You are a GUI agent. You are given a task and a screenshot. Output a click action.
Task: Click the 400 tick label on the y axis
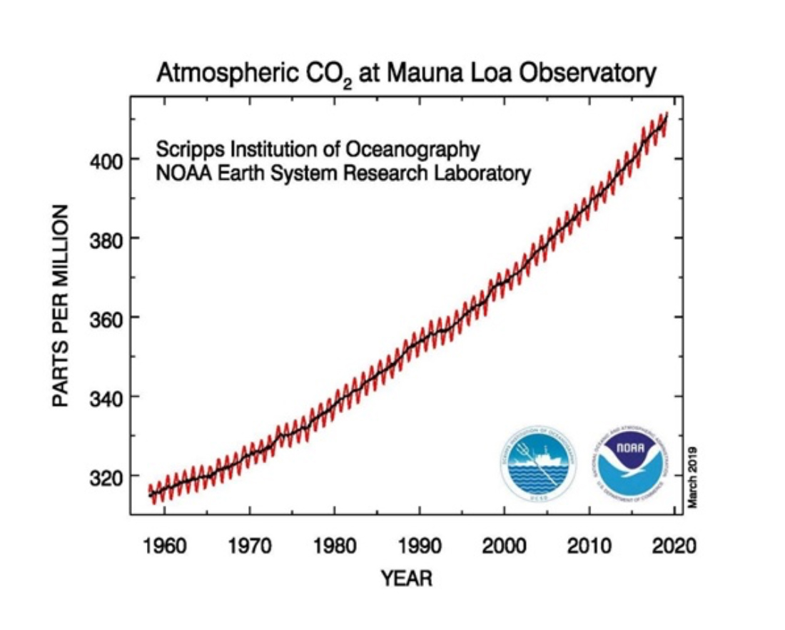(106, 160)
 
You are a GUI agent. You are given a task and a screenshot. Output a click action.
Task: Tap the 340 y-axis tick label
(106, 397)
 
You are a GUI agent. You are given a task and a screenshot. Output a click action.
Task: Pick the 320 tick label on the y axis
(106, 476)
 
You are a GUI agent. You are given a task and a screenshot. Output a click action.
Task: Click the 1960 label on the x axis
(164, 547)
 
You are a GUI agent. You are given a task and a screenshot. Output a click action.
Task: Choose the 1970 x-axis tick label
(249, 547)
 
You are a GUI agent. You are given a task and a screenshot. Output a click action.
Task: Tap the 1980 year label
(334, 547)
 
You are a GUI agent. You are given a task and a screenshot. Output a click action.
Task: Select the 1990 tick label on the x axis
(419, 547)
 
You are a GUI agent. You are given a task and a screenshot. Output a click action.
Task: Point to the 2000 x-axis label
(504, 547)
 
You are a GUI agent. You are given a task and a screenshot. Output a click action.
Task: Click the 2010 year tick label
(589, 547)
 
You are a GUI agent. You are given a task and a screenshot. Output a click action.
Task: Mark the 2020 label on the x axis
(674, 547)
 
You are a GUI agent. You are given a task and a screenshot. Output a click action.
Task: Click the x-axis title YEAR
(406, 578)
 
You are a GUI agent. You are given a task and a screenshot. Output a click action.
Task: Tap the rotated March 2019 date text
(692, 477)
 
